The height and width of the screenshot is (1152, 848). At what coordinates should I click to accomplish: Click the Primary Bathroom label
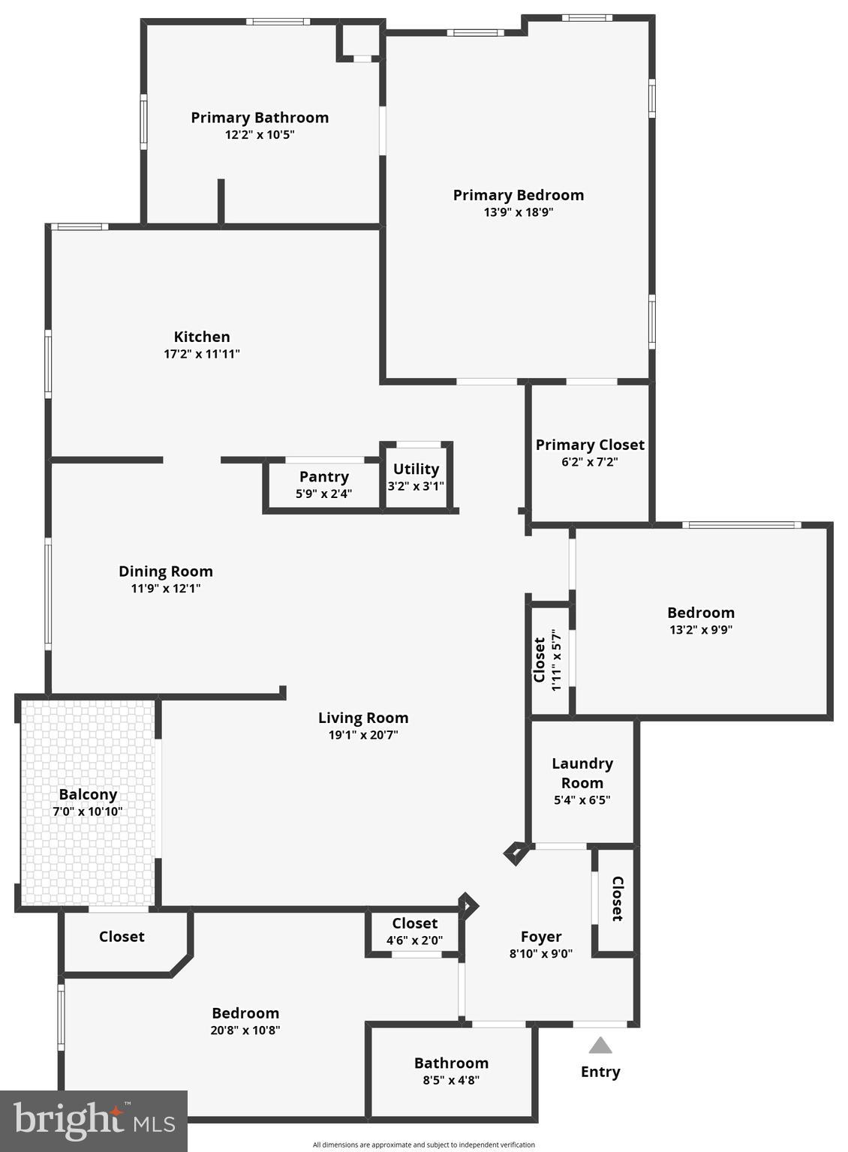[x=260, y=118]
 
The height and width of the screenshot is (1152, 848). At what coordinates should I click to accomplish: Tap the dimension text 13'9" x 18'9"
[x=519, y=212]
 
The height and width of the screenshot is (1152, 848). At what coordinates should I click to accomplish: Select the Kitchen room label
[x=202, y=337]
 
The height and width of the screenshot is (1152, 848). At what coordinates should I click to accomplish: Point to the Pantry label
[x=323, y=477]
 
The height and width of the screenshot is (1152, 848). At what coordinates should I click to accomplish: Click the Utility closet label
[x=416, y=469]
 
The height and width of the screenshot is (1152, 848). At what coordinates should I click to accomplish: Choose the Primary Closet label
[x=590, y=445]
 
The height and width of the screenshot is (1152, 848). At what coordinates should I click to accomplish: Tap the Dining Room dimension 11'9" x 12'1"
[x=166, y=589]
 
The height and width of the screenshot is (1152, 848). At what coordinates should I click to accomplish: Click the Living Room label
[x=363, y=718]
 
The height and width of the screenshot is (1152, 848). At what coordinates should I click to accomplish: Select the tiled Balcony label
[x=88, y=794]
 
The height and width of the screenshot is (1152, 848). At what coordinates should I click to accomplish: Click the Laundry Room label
[x=582, y=772]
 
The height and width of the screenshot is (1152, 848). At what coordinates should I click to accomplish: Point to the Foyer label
[x=541, y=937]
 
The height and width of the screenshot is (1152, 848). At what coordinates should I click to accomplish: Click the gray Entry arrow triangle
[x=600, y=1045]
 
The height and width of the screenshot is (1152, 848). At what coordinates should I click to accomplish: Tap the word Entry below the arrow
[x=600, y=1072]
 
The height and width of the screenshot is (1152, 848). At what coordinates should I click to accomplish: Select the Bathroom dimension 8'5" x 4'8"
[x=451, y=1080]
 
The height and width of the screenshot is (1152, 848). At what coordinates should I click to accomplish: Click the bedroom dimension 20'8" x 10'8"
[x=245, y=1030]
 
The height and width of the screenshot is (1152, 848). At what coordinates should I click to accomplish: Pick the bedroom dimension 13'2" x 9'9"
[x=701, y=630]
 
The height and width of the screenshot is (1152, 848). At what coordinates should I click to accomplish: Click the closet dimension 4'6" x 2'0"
[x=414, y=940]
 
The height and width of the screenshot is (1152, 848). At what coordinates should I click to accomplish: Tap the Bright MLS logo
[x=94, y=1120]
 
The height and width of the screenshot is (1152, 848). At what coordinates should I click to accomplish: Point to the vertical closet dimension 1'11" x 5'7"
[x=556, y=660]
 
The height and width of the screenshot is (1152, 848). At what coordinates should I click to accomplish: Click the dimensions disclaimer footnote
[x=424, y=1144]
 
